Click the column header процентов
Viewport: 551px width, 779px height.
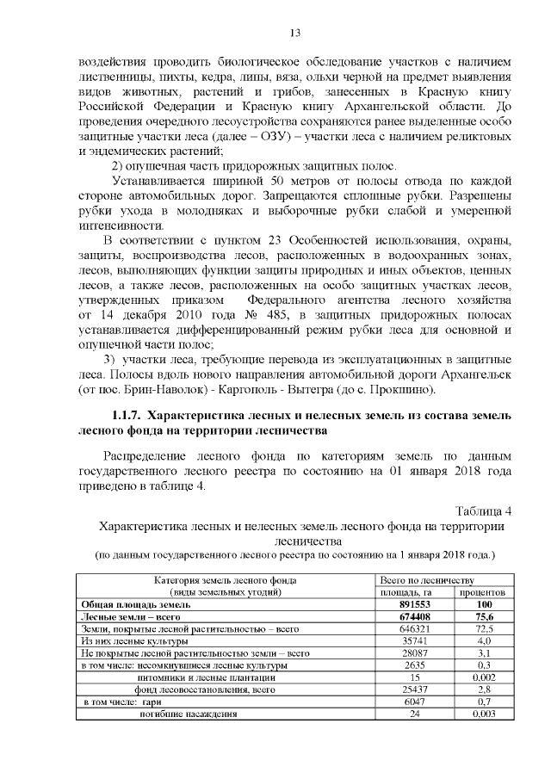(x=483, y=592)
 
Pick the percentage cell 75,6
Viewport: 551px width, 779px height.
(x=483, y=617)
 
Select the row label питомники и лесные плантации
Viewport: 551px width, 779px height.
(x=187, y=678)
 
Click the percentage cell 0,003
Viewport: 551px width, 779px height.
(x=483, y=714)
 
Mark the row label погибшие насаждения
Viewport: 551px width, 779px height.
(x=182, y=714)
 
